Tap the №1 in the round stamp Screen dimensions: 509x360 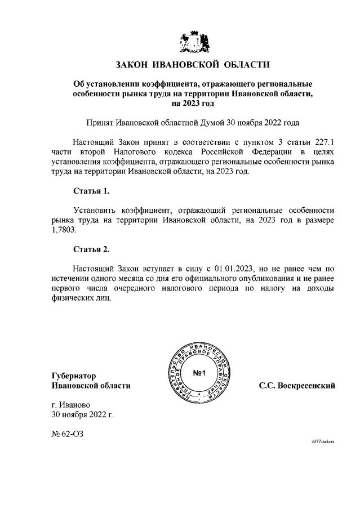click(201, 373)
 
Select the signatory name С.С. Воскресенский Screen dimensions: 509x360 click(297, 386)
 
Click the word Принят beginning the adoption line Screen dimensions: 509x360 click(99, 122)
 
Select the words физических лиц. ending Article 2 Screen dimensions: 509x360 click(81, 298)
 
